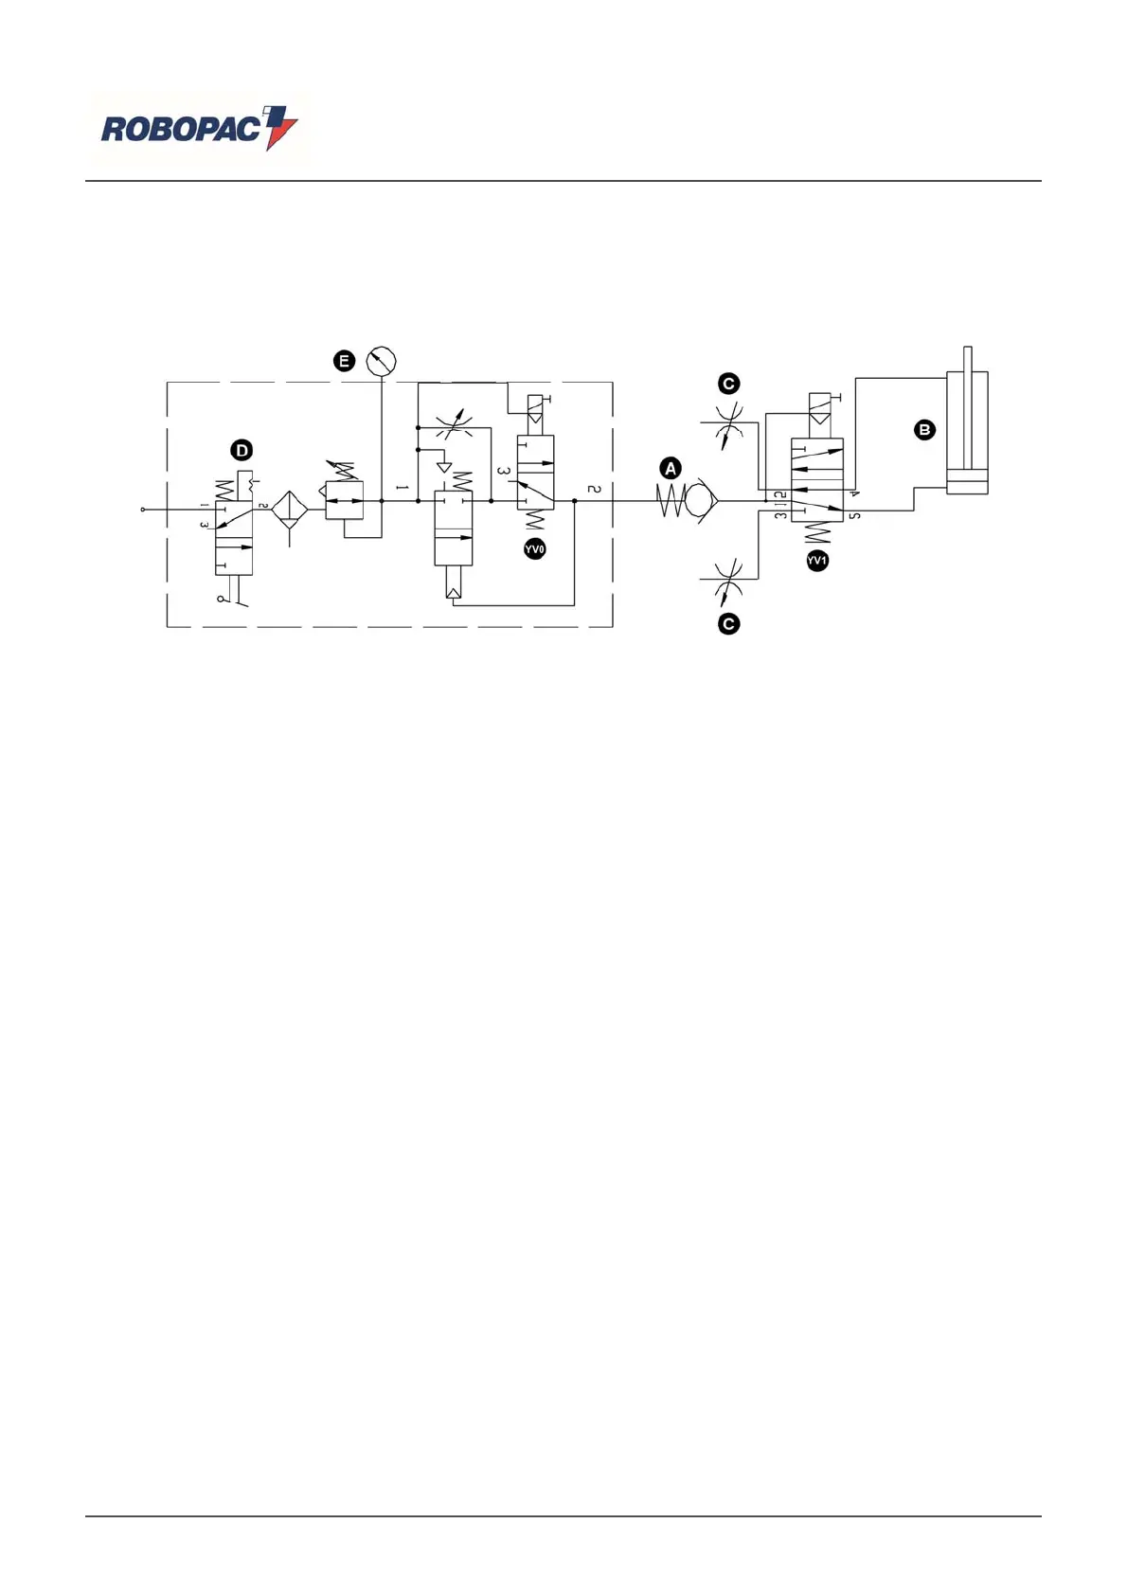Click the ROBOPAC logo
[x=199, y=129]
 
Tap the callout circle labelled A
[x=671, y=468]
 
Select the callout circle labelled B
[x=924, y=429]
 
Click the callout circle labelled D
[x=242, y=450]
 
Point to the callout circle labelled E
[x=344, y=361]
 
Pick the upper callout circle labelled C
[x=728, y=384]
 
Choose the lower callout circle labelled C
[x=728, y=624]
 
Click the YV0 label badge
[x=534, y=549]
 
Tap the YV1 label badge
[x=817, y=561]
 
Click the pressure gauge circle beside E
[x=381, y=361]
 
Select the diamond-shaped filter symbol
[x=290, y=510]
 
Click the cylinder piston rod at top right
[x=967, y=360]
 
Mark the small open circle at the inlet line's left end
[x=143, y=510]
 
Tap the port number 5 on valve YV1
[x=854, y=516]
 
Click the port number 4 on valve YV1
[x=854, y=493]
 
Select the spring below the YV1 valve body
[x=816, y=533]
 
